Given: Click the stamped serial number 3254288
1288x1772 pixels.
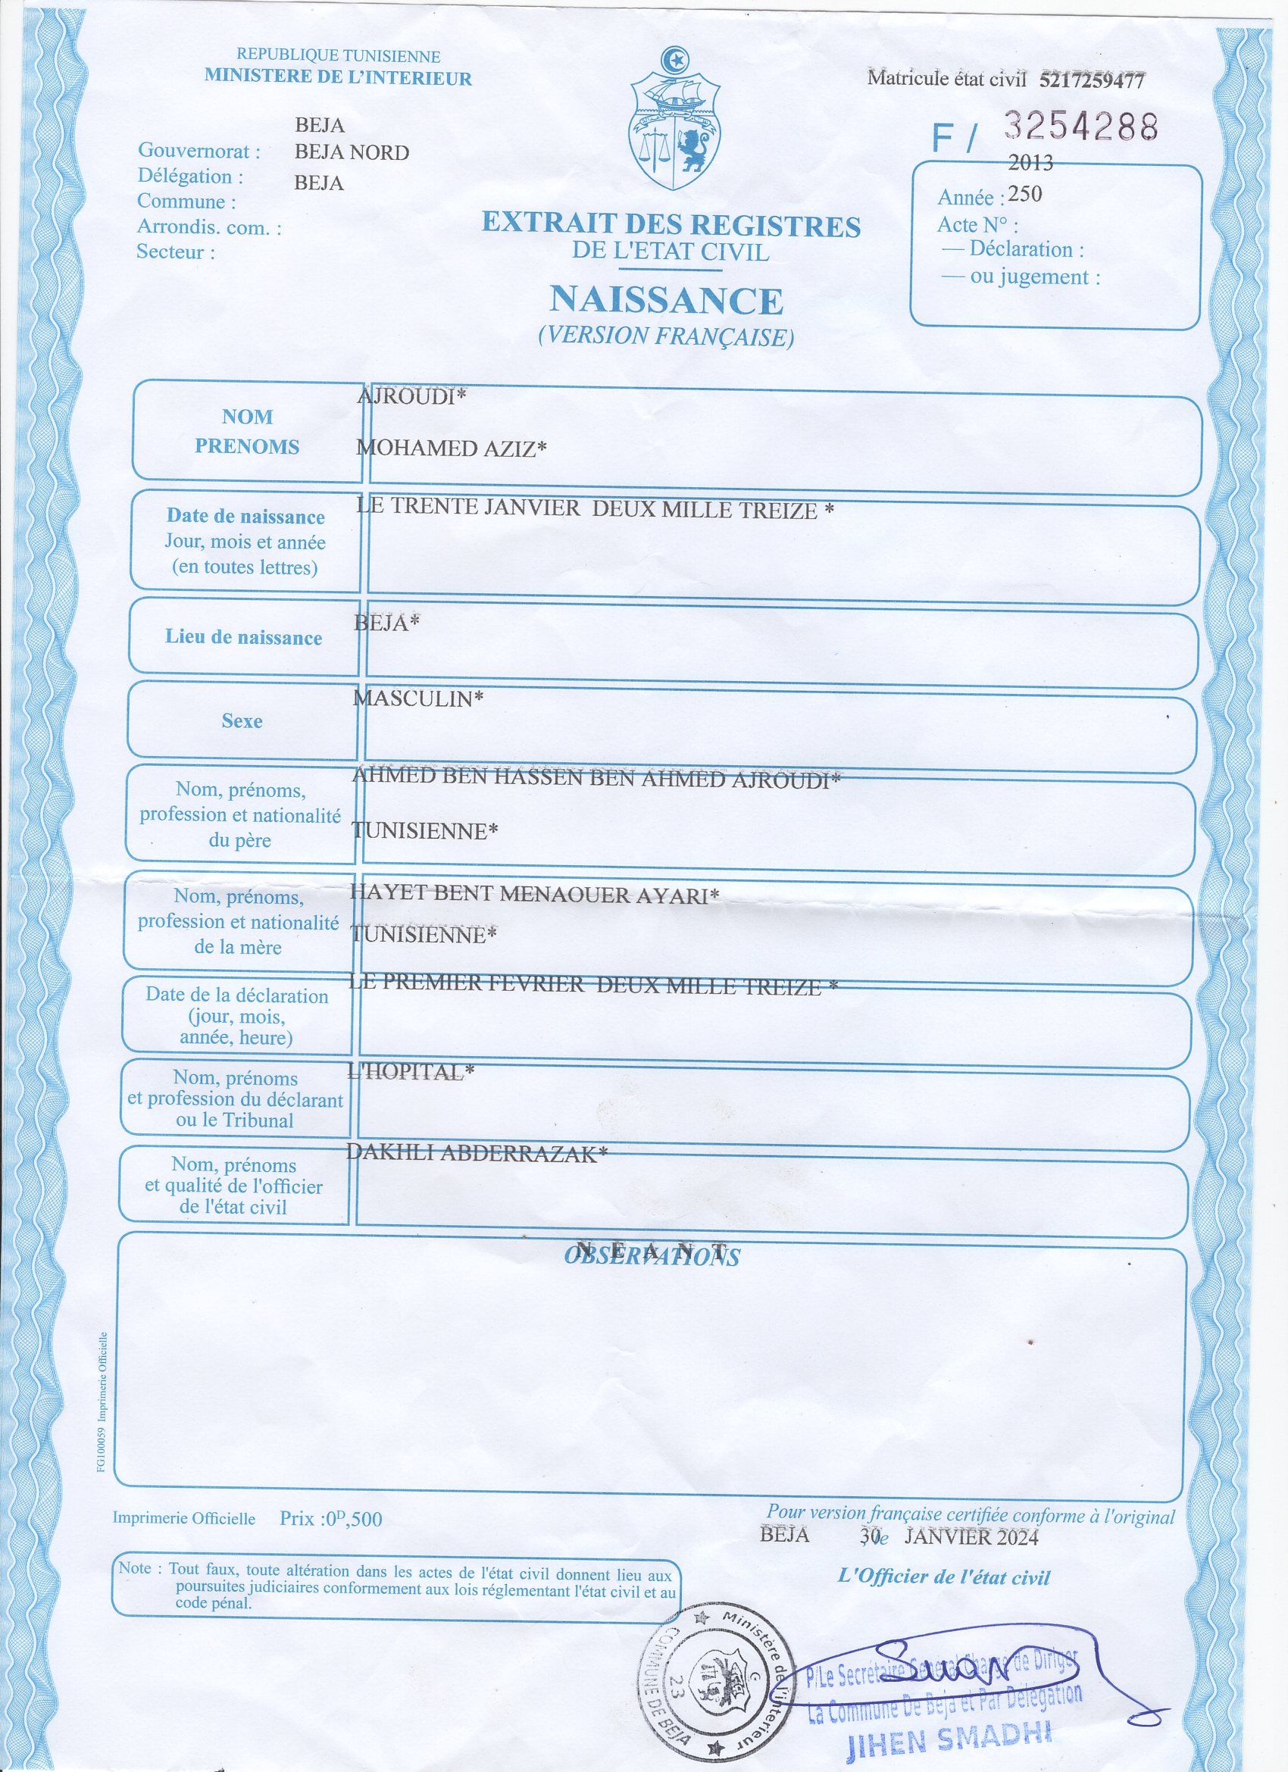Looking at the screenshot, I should click(1080, 126).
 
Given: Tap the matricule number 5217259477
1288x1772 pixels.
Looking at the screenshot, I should click(1092, 80).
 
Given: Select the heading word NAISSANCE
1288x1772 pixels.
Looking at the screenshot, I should click(666, 300).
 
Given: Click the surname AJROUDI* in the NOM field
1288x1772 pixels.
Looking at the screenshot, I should click(411, 397).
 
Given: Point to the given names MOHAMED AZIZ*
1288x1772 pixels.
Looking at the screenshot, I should click(451, 448).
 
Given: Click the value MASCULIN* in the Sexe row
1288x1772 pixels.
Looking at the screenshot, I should click(418, 698).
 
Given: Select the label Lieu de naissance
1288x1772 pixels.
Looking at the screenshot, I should click(243, 638).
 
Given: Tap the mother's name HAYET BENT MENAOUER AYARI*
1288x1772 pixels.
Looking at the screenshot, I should click(534, 895).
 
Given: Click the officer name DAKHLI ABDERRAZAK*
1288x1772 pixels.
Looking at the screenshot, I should click(476, 1153).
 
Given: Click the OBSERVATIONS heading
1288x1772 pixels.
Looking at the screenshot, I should click(652, 1256).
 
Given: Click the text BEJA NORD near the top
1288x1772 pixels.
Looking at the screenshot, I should click(352, 152).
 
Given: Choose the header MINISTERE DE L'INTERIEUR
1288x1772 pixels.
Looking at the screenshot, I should click(338, 77).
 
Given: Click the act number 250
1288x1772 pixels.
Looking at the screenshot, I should click(1024, 194).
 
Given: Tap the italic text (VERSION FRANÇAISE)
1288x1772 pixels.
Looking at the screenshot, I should click(666, 336).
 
